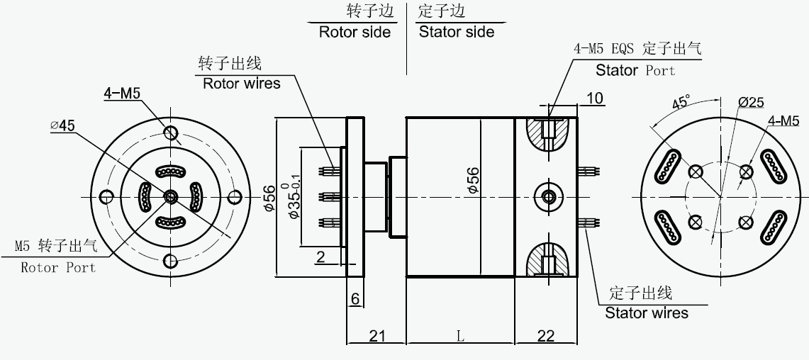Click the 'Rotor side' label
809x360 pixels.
point(355,32)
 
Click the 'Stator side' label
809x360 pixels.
point(457,32)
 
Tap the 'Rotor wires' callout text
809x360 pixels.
point(242,83)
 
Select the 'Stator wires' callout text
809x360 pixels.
point(646,313)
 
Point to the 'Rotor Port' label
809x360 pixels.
point(58,268)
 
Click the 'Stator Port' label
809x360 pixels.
point(635,70)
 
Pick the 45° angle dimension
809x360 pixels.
point(680,102)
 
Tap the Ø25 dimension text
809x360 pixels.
point(750,102)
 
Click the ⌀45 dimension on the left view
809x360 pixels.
point(62,125)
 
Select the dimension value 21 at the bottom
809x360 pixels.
point(376,336)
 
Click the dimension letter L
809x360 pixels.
point(460,337)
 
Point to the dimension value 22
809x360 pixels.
point(546,336)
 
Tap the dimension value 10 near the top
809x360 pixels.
point(596,98)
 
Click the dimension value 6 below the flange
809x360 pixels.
point(355,299)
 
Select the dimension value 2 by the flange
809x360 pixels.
point(320,257)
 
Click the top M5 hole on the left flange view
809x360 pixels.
point(170,133)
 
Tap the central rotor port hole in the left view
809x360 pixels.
point(170,196)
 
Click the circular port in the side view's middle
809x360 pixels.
point(548,196)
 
